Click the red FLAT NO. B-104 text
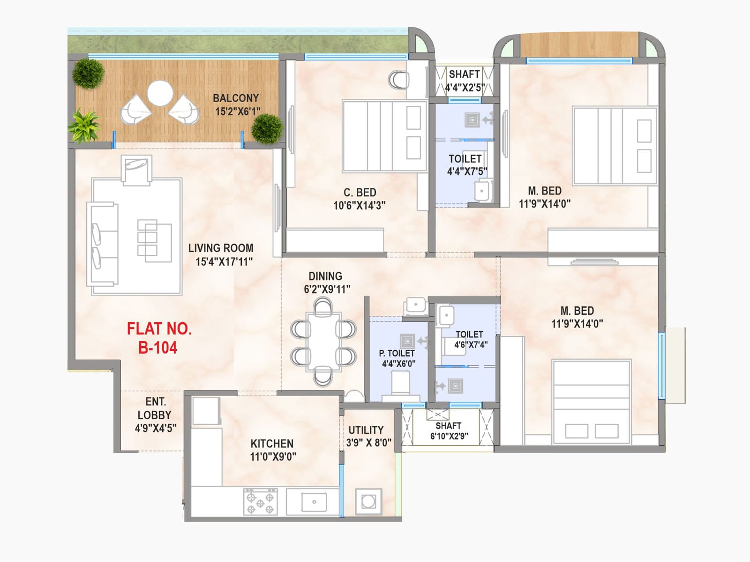159,338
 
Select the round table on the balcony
160,93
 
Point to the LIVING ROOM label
221,248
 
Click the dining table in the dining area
323,341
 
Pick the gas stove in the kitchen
260,501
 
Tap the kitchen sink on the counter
314,502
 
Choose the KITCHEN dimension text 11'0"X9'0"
273,457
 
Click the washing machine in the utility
368,502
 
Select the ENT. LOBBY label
156,414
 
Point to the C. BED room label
360,192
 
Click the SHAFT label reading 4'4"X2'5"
465,81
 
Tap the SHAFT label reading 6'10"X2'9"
449,430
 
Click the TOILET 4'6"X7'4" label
471,339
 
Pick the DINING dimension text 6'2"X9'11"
327,289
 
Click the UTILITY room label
366,430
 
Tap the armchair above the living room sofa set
137,170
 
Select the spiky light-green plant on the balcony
84,126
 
